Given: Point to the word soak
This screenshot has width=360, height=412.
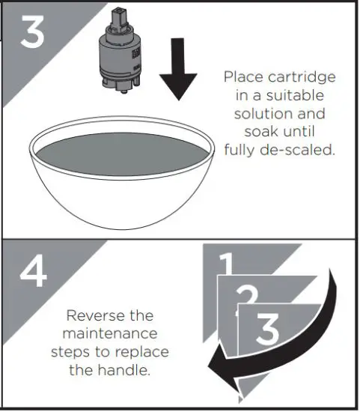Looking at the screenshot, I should tap(260, 132).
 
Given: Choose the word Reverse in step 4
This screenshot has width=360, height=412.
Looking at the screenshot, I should tap(93, 315).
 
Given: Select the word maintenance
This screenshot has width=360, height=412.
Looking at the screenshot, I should tap(110, 333).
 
